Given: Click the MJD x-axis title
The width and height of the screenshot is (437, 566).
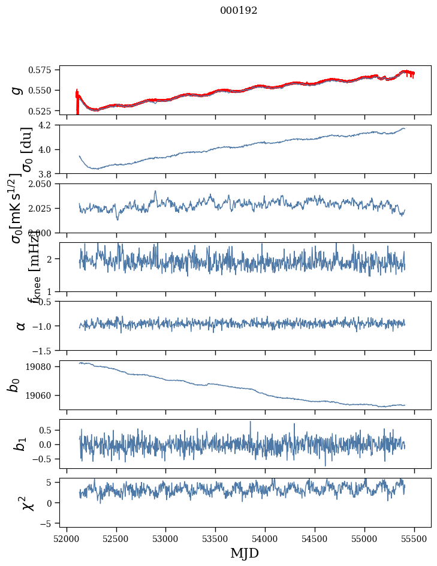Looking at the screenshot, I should point(245,552).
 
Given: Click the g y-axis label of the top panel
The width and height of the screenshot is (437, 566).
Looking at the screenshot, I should point(17,90).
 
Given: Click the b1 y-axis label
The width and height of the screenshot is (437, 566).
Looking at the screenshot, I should point(20,444).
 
